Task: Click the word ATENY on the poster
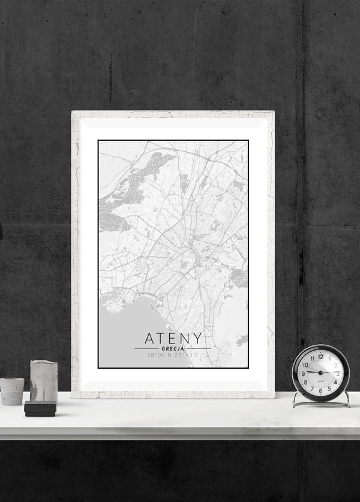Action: [x=173, y=339]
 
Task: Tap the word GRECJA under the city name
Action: [x=173, y=348]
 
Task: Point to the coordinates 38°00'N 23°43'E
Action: [x=173, y=355]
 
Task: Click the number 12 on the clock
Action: [x=320, y=356]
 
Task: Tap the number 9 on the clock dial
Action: [x=304, y=373]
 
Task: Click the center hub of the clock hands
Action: [x=320, y=373]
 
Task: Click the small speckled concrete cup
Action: [x=12, y=390]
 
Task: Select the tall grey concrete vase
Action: [x=43, y=381]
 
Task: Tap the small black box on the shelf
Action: [x=40, y=409]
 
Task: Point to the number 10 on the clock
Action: [x=306, y=364]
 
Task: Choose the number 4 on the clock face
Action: [x=335, y=381]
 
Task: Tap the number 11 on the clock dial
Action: [x=312, y=358]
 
